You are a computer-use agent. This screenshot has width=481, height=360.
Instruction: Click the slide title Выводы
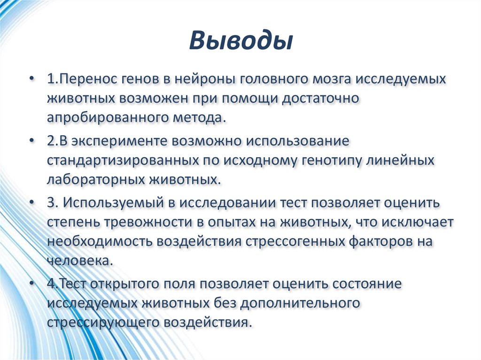[x=240, y=42]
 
